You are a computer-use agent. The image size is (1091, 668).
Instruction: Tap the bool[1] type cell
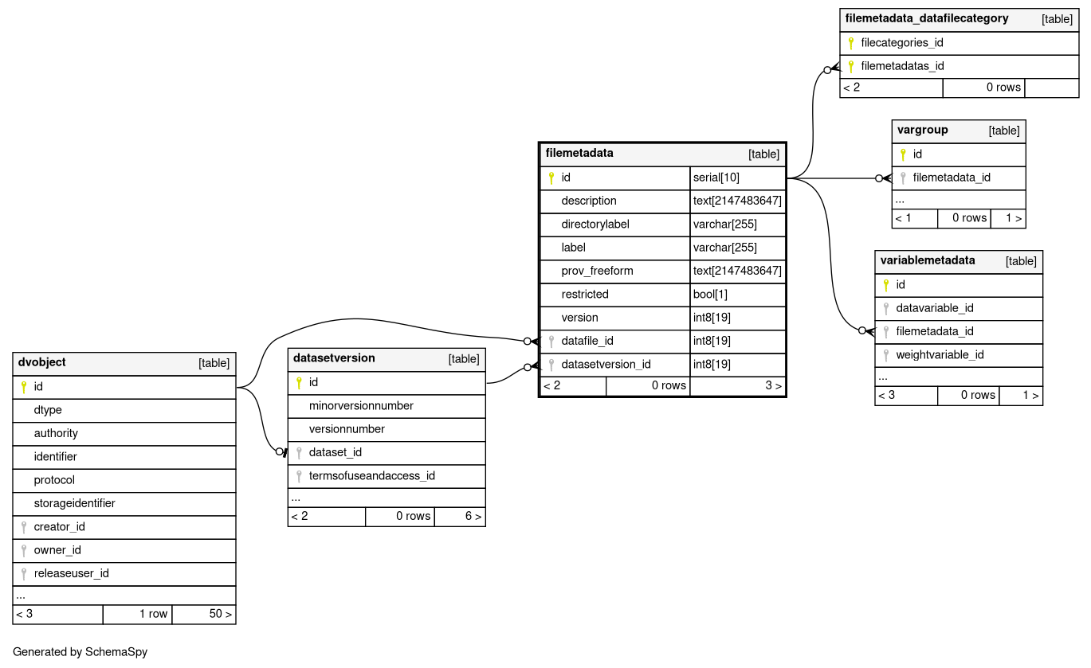[710, 295]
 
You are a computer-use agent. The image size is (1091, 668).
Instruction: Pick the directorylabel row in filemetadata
[595, 225]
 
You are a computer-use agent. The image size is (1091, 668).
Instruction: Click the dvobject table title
[41, 362]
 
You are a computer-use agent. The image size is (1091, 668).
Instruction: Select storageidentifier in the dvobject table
[74, 503]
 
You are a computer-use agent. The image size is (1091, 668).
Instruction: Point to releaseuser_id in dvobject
[71, 573]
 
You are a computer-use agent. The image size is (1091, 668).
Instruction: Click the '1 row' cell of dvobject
[153, 614]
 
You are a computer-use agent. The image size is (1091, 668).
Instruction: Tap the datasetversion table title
[334, 358]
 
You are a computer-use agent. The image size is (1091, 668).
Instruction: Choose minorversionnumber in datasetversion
[361, 406]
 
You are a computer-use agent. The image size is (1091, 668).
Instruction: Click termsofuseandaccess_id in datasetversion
[371, 476]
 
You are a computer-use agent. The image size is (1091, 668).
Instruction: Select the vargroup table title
[922, 131]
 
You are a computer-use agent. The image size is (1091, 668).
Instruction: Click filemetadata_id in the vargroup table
[952, 178]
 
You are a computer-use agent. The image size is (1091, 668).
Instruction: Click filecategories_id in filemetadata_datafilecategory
[902, 43]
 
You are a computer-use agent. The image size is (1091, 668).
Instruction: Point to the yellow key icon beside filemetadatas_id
[850, 67]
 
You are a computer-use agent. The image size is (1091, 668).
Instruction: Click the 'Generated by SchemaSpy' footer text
[80, 652]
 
